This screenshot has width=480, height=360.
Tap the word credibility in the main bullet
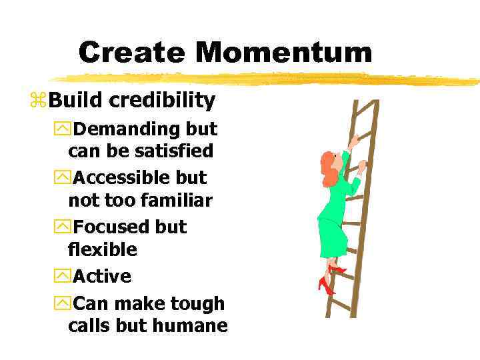[x=162, y=101]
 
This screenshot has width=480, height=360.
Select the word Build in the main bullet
[x=76, y=101]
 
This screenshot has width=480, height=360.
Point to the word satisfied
[x=175, y=151]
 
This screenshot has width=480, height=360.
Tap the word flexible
[x=102, y=250]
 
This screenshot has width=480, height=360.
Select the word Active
[x=102, y=276]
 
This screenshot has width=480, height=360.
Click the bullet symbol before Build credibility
[x=38, y=101]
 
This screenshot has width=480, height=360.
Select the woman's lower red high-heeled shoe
[x=326, y=285]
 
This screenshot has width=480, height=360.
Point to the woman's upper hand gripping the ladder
[x=353, y=141]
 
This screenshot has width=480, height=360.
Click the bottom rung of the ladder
[x=339, y=308]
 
